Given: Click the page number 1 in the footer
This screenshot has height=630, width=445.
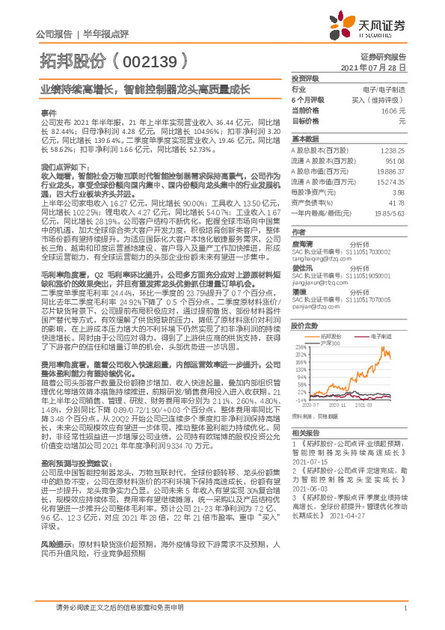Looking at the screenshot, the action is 405,608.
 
